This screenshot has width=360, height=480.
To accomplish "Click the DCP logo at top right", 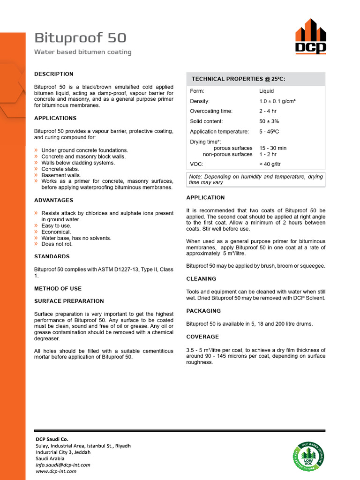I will [x=310, y=37].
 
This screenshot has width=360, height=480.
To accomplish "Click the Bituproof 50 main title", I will [x=80, y=38].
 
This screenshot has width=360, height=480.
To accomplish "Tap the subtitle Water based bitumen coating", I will [x=82, y=52].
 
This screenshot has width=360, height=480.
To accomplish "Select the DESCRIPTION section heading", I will [x=54, y=74].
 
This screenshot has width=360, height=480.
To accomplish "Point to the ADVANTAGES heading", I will [x=54, y=200].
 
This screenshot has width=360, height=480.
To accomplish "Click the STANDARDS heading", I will [x=52, y=256].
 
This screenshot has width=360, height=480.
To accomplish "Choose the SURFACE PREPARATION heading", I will [x=69, y=301].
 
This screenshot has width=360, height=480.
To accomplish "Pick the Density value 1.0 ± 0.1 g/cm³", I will [x=277, y=101].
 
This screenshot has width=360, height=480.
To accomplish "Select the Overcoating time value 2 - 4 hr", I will [x=268, y=111].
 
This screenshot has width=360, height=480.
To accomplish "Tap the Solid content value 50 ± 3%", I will [x=269, y=121].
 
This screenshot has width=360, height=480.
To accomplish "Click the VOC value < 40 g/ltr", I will [x=270, y=164].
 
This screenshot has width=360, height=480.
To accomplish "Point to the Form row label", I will [x=197, y=91].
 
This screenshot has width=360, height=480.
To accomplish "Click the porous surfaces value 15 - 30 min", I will [x=273, y=148].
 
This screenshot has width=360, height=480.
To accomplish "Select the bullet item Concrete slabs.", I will [x=60, y=169].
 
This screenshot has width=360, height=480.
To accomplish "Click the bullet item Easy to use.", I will [x=56, y=226].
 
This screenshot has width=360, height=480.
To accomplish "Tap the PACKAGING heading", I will [x=203, y=311].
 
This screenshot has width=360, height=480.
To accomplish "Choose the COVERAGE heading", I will [x=202, y=337].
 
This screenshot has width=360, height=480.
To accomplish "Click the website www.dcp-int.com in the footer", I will [x=56, y=471].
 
